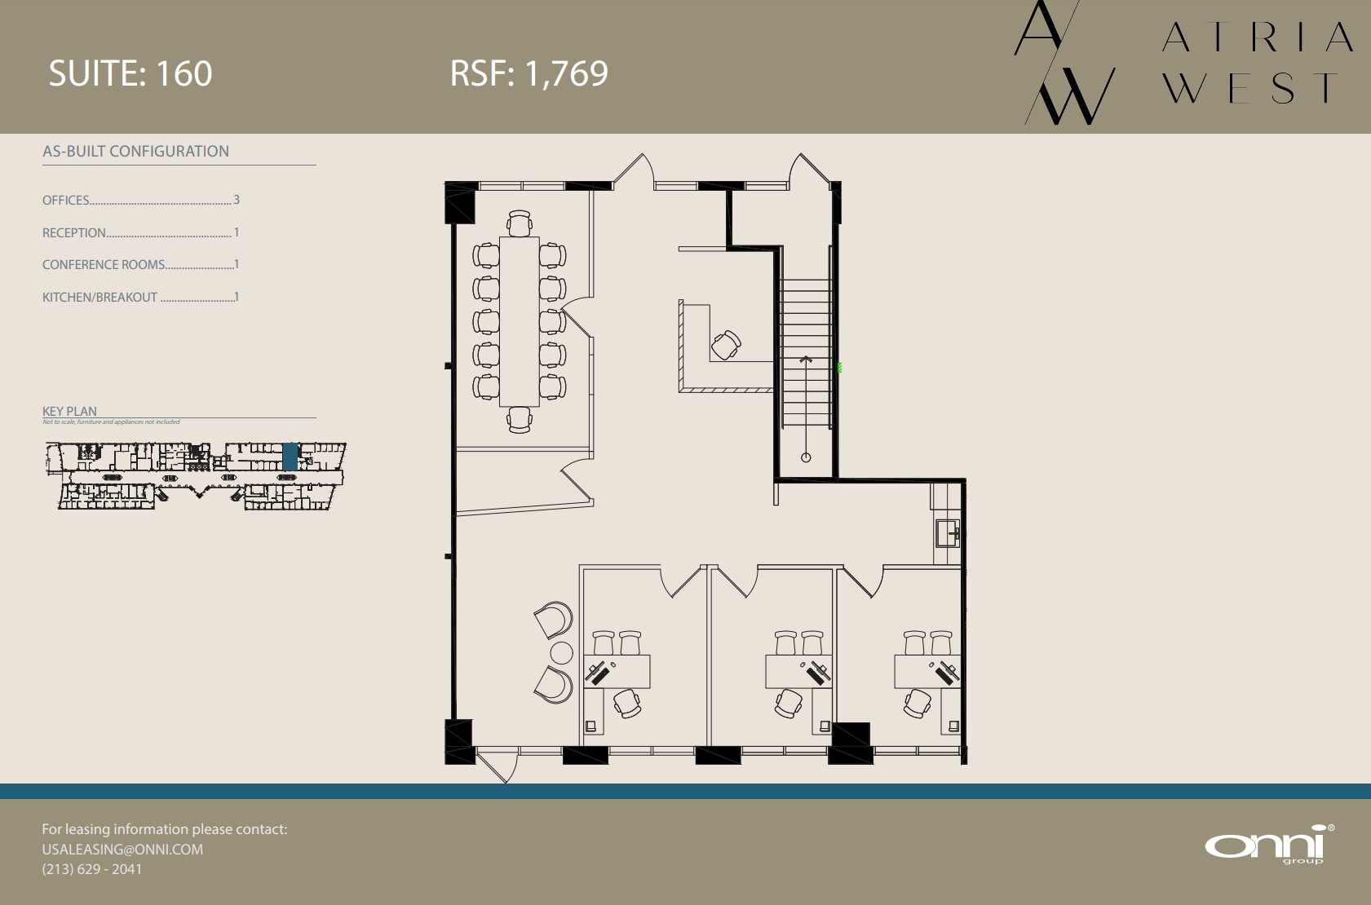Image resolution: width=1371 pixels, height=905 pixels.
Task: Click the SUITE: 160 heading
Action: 130,73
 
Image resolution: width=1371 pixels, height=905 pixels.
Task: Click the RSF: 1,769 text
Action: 528,73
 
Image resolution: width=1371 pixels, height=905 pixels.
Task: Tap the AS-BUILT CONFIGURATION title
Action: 135,151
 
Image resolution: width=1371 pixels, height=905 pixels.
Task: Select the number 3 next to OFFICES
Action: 237,200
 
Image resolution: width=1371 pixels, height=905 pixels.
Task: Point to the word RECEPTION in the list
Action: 74,232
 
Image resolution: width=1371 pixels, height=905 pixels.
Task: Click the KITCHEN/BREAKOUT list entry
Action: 100,298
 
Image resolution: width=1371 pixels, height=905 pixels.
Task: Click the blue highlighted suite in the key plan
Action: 290,456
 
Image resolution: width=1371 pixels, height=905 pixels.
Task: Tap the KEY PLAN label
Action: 69,411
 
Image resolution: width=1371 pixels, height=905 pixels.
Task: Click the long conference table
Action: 519,320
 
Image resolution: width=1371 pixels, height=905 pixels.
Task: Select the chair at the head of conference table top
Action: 520,223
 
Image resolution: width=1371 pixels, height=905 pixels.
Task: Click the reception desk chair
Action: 725,344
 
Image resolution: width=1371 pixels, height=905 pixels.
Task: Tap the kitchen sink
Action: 947,533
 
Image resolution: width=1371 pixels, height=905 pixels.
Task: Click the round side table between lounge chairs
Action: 562,653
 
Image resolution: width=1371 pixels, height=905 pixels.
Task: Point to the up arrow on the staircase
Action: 806,360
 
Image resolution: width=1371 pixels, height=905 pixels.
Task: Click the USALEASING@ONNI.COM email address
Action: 122,849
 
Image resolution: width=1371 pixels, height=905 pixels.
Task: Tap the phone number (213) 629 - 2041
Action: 91,869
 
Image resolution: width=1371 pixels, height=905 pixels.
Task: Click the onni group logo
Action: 1269,845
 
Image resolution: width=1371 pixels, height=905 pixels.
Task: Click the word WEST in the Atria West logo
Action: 1250,88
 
